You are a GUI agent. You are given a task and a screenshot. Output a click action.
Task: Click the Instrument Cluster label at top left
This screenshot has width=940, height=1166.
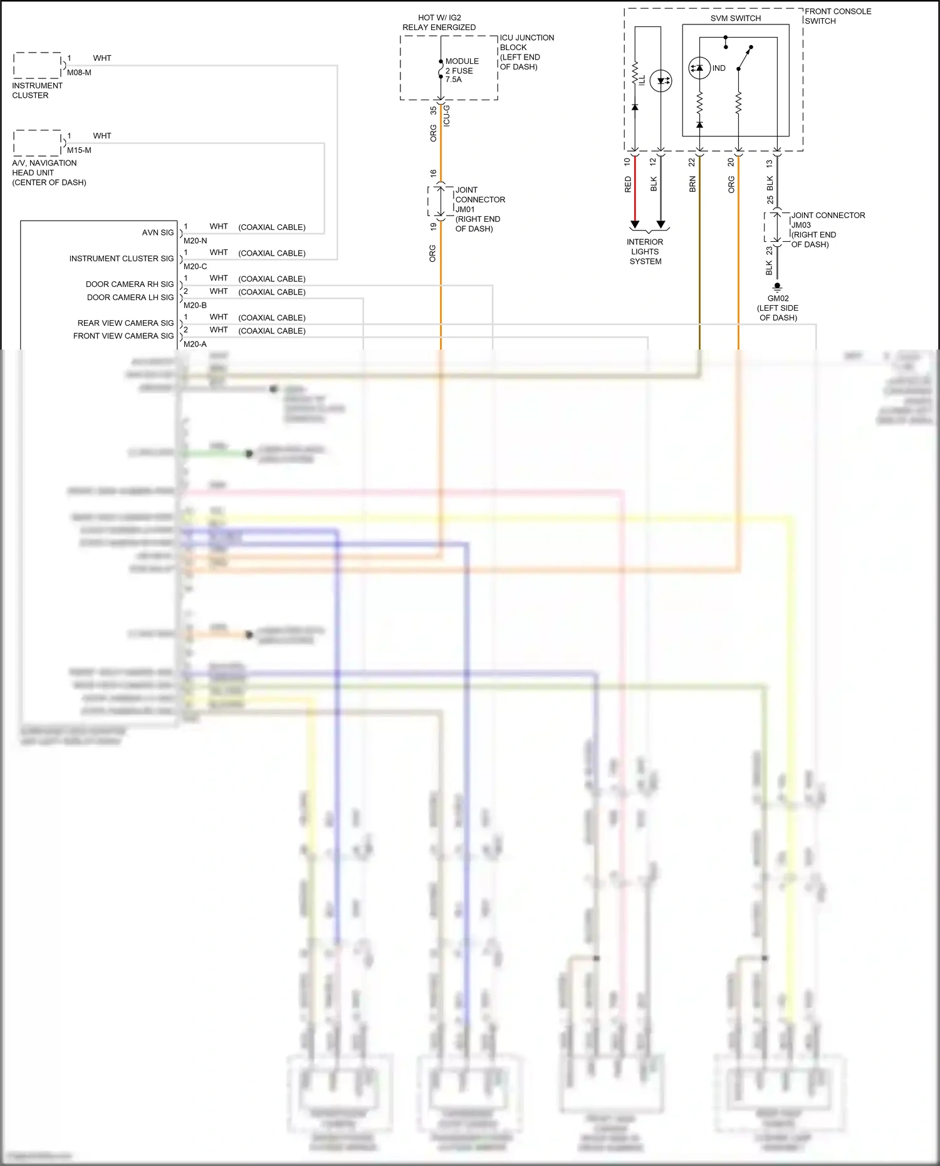[x=37, y=90]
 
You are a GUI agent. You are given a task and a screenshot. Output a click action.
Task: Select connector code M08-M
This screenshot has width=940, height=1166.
[x=79, y=73]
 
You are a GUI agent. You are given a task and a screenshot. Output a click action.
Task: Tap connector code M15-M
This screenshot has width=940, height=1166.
[x=79, y=150]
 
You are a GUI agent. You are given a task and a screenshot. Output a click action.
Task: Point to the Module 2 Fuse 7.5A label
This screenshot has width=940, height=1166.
[x=462, y=70]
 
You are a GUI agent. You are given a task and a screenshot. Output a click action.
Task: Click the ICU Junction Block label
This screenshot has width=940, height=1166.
[x=526, y=52]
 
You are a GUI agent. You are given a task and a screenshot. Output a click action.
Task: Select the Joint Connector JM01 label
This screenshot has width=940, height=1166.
[x=479, y=209]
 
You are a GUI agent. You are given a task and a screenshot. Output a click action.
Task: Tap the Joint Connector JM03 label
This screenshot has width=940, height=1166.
[x=827, y=229]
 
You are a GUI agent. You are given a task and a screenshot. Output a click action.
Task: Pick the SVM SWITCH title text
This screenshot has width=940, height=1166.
[x=735, y=18]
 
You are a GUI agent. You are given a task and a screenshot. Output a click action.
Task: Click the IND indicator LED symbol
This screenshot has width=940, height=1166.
[x=699, y=68]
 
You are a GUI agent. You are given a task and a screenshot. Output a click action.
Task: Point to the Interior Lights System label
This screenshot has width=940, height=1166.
[x=645, y=251]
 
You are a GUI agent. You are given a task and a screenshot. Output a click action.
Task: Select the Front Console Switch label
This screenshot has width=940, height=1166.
[x=837, y=16]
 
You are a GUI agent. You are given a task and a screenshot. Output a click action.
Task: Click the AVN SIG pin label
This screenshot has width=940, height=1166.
[x=158, y=232]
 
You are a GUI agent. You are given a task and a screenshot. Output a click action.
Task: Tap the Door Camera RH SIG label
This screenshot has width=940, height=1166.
[x=130, y=284]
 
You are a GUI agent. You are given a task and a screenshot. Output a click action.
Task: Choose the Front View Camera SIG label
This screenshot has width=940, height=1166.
[x=123, y=336]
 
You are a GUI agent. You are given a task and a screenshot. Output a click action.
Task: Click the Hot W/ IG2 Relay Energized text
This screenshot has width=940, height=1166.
[x=439, y=23]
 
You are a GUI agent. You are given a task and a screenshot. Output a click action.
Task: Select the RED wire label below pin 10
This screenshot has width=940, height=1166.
[x=628, y=184]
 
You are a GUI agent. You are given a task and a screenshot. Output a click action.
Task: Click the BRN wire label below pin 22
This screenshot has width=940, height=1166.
[x=692, y=184]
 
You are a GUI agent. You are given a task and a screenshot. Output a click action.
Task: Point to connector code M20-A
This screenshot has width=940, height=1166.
[x=195, y=344]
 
